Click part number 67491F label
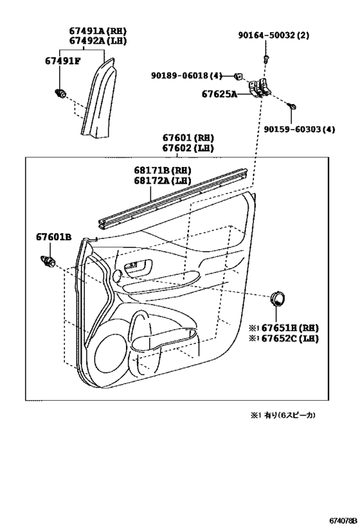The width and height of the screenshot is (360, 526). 63,62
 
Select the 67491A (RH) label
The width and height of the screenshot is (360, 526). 98,31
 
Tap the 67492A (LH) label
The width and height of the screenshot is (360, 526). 98,41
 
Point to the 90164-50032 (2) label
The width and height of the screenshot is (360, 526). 274,35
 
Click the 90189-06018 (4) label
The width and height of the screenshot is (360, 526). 186,76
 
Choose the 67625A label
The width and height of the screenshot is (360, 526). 219,94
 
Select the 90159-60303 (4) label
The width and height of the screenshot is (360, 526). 299,129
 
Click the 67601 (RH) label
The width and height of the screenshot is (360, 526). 188,138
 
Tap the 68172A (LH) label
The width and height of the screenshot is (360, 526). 163,181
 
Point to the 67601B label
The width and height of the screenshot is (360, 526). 54,237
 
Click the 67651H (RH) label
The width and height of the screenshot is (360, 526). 283,328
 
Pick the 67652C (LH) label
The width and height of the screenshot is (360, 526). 283,338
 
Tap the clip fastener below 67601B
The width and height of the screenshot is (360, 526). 48,261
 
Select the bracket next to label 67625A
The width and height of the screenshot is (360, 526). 258,88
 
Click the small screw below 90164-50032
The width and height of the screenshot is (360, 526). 265,59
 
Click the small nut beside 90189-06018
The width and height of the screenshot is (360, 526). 239,76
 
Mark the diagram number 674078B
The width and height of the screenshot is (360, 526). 343,521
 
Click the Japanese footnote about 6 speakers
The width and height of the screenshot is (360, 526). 282,416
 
